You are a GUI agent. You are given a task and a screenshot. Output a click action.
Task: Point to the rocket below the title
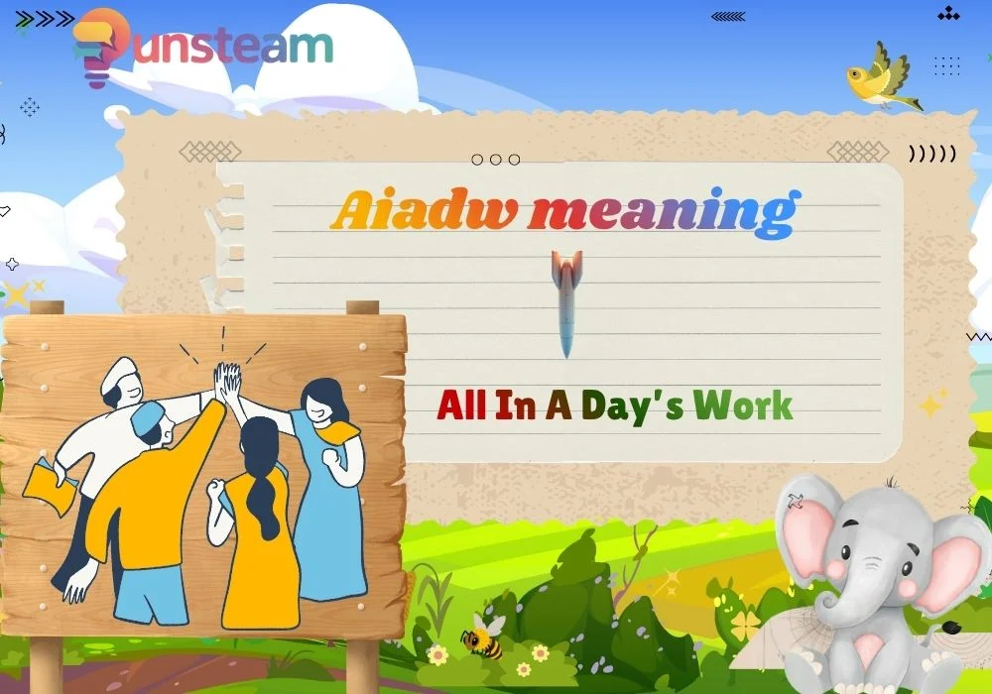click(x=566, y=302)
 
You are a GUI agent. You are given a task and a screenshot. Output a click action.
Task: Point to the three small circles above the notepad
click(x=495, y=159)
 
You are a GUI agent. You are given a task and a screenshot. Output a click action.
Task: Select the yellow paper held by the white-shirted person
click(x=49, y=481)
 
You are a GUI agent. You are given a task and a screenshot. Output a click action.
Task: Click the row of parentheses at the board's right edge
click(x=932, y=154)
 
